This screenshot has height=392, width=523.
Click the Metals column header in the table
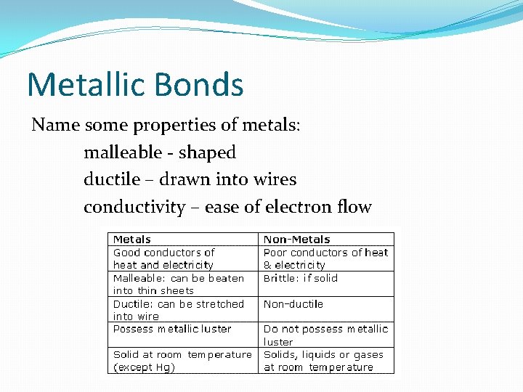click(x=132, y=240)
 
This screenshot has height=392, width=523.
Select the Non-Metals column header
click(x=296, y=240)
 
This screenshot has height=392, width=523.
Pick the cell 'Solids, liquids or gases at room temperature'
click(x=327, y=361)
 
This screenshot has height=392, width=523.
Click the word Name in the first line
click(x=56, y=125)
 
